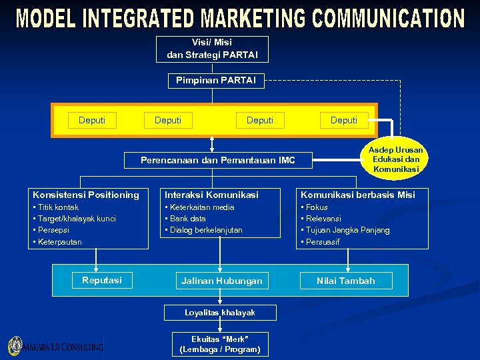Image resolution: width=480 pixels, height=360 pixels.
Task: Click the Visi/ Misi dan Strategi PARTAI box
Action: coord(212,49)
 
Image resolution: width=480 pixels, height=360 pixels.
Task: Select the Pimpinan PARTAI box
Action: coord(215,81)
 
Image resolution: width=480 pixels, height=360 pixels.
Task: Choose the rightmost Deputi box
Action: coord(343,121)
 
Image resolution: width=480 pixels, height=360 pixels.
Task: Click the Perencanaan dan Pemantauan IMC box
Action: coord(218,161)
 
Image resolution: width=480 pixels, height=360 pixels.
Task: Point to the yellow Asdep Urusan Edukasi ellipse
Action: coord(396,160)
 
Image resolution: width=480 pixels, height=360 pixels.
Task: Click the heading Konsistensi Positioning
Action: coord(86,195)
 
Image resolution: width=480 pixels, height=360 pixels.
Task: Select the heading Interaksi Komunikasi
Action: coord(211,195)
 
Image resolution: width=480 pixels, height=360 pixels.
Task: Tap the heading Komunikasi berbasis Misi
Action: coord(357,195)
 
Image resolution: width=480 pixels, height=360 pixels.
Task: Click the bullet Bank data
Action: coord(188,219)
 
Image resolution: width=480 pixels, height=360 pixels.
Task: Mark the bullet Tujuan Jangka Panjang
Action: coord(347,230)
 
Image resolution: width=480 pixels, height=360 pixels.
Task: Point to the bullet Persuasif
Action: coord(323,242)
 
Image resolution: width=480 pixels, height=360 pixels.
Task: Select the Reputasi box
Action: coord(102,281)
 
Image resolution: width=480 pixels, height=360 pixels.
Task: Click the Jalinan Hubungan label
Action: coord(222,281)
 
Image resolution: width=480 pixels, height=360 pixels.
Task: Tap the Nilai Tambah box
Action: coord(346,281)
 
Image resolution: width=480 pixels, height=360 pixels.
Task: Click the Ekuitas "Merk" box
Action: coord(220,344)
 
